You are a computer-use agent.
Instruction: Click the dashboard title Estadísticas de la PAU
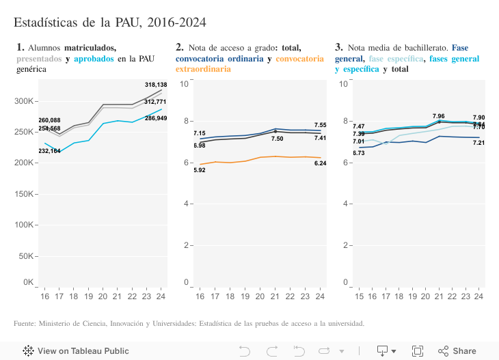point(109,23)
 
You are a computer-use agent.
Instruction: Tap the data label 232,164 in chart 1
point(49,150)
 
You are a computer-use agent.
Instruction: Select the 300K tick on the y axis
point(24,101)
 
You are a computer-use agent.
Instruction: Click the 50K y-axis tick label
point(26,256)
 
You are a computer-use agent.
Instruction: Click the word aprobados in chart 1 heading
point(94,59)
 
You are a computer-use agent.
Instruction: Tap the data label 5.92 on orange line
point(200,170)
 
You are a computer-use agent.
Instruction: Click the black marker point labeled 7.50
point(275,131)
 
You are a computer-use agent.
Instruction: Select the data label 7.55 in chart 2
point(320,125)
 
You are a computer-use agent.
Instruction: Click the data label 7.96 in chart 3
point(438,116)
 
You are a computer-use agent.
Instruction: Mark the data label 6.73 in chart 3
point(358,154)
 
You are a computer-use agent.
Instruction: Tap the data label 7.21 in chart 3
point(478,143)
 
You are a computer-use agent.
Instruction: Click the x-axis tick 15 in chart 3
point(360,296)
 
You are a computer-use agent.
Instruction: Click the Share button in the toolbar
point(457,351)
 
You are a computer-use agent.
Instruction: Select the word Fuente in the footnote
point(25,323)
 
